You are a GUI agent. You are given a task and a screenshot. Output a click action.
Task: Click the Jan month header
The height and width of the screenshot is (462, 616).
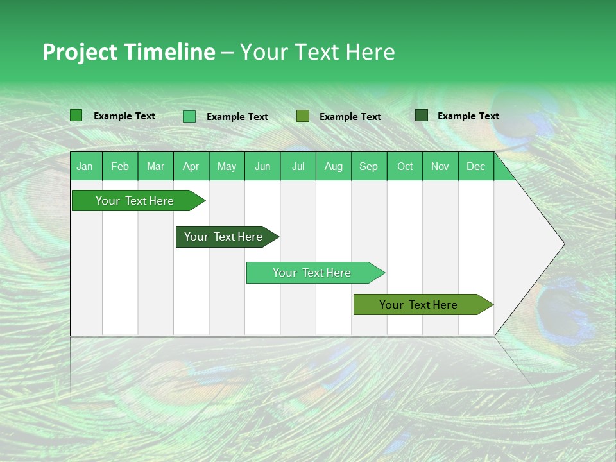click(x=85, y=166)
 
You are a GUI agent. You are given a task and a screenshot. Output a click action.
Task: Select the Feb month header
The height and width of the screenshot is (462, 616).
click(x=120, y=166)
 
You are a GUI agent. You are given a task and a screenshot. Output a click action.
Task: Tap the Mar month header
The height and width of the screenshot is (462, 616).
click(x=155, y=166)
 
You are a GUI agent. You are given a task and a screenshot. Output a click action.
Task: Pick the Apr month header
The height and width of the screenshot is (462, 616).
click(x=191, y=166)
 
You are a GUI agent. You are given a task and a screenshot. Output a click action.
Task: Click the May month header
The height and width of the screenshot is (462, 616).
click(x=227, y=166)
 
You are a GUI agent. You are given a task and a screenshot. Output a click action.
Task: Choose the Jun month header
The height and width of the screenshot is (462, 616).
click(x=262, y=166)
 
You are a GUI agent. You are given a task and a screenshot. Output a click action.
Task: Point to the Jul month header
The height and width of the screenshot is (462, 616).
click(x=298, y=166)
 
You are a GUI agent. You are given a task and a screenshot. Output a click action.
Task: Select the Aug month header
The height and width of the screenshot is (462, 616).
click(x=334, y=166)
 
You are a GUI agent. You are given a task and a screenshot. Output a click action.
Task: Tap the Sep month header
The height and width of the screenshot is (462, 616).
click(x=369, y=166)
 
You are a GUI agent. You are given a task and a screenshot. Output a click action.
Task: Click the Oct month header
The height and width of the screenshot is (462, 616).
click(x=405, y=166)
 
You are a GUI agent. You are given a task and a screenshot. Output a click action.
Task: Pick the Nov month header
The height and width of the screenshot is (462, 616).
click(x=440, y=166)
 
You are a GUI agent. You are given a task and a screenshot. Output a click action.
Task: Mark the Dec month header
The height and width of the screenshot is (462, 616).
click(x=476, y=166)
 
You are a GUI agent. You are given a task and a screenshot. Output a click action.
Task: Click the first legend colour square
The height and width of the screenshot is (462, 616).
click(x=76, y=116)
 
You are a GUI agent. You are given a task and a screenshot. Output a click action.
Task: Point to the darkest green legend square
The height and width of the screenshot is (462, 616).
click(x=422, y=116)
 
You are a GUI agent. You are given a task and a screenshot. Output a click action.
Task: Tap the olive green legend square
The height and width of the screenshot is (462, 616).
click(x=303, y=116)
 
